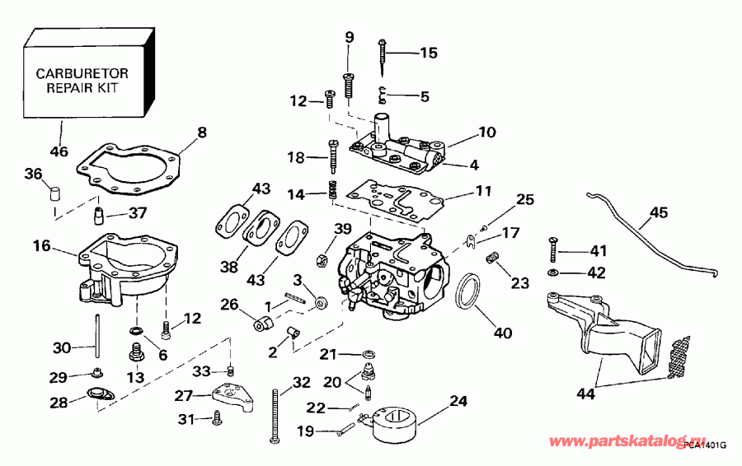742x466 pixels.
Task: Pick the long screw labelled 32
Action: tap(274, 416)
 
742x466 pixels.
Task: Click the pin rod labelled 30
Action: tap(97, 338)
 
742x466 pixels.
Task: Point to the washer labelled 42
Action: tap(552, 272)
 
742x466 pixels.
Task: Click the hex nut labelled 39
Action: tap(324, 258)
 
